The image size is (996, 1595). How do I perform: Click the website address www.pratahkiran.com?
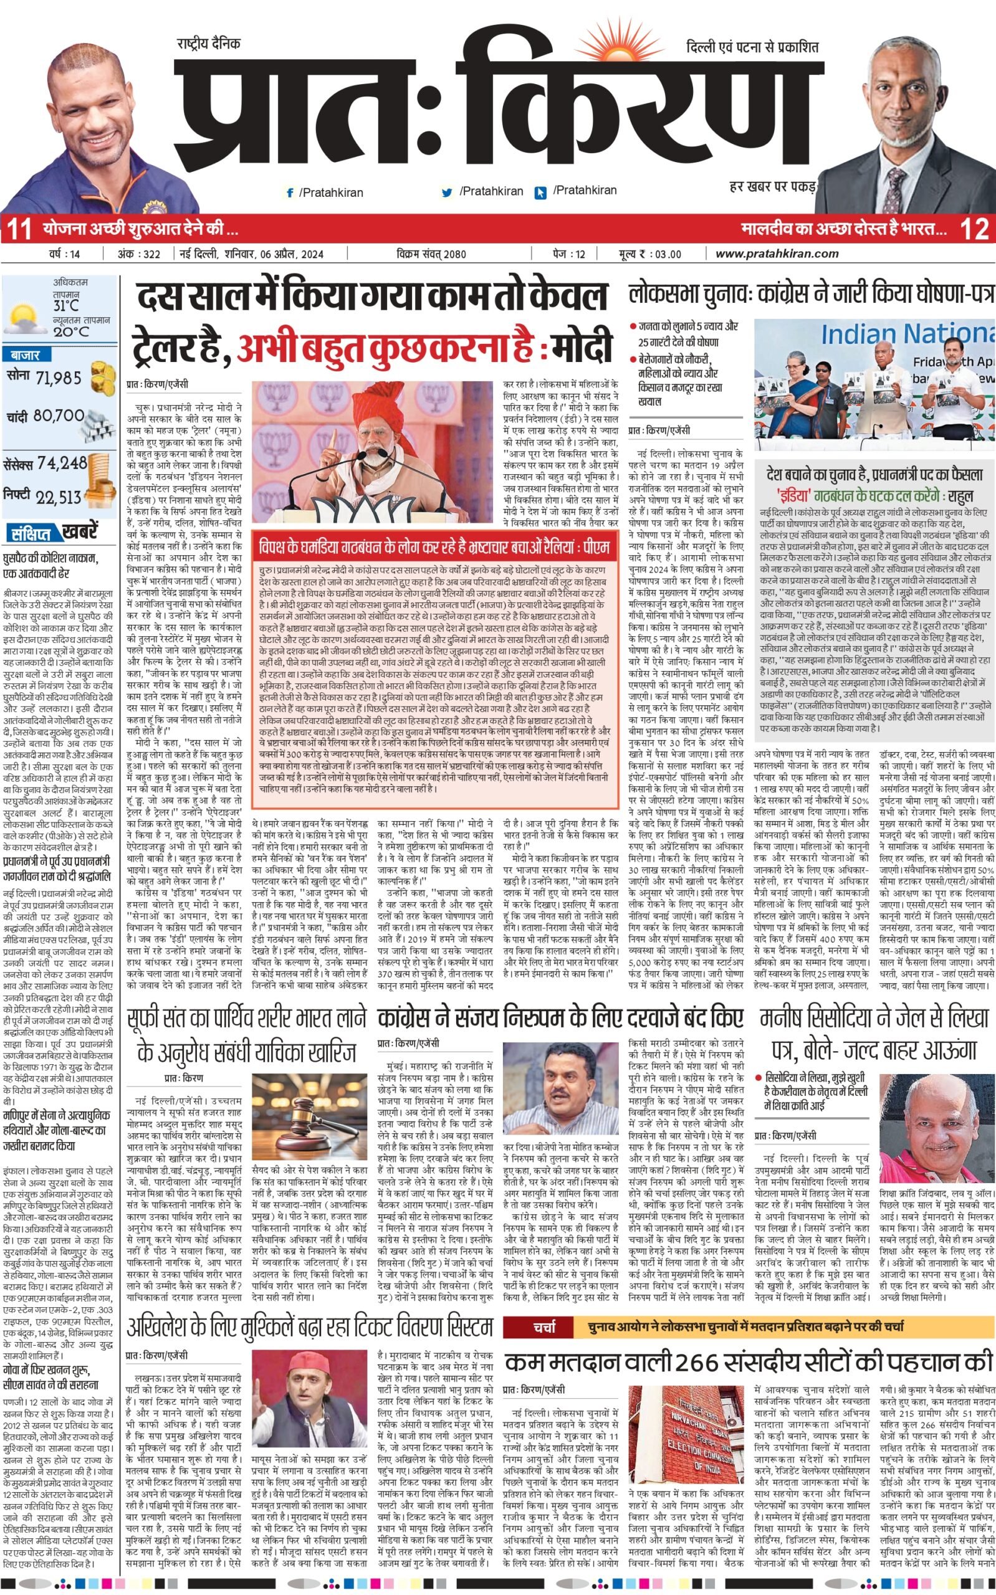coord(777,254)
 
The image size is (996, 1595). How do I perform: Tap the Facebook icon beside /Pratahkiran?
coord(289,193)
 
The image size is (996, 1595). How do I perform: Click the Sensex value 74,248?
coord(62,463)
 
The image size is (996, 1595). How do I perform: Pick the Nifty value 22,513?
coord(59,498)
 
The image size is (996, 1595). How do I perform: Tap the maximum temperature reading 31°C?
coord(66,305)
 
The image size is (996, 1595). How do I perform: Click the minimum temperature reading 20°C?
coord(71,331)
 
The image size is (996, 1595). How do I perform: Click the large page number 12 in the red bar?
coord(974,230)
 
